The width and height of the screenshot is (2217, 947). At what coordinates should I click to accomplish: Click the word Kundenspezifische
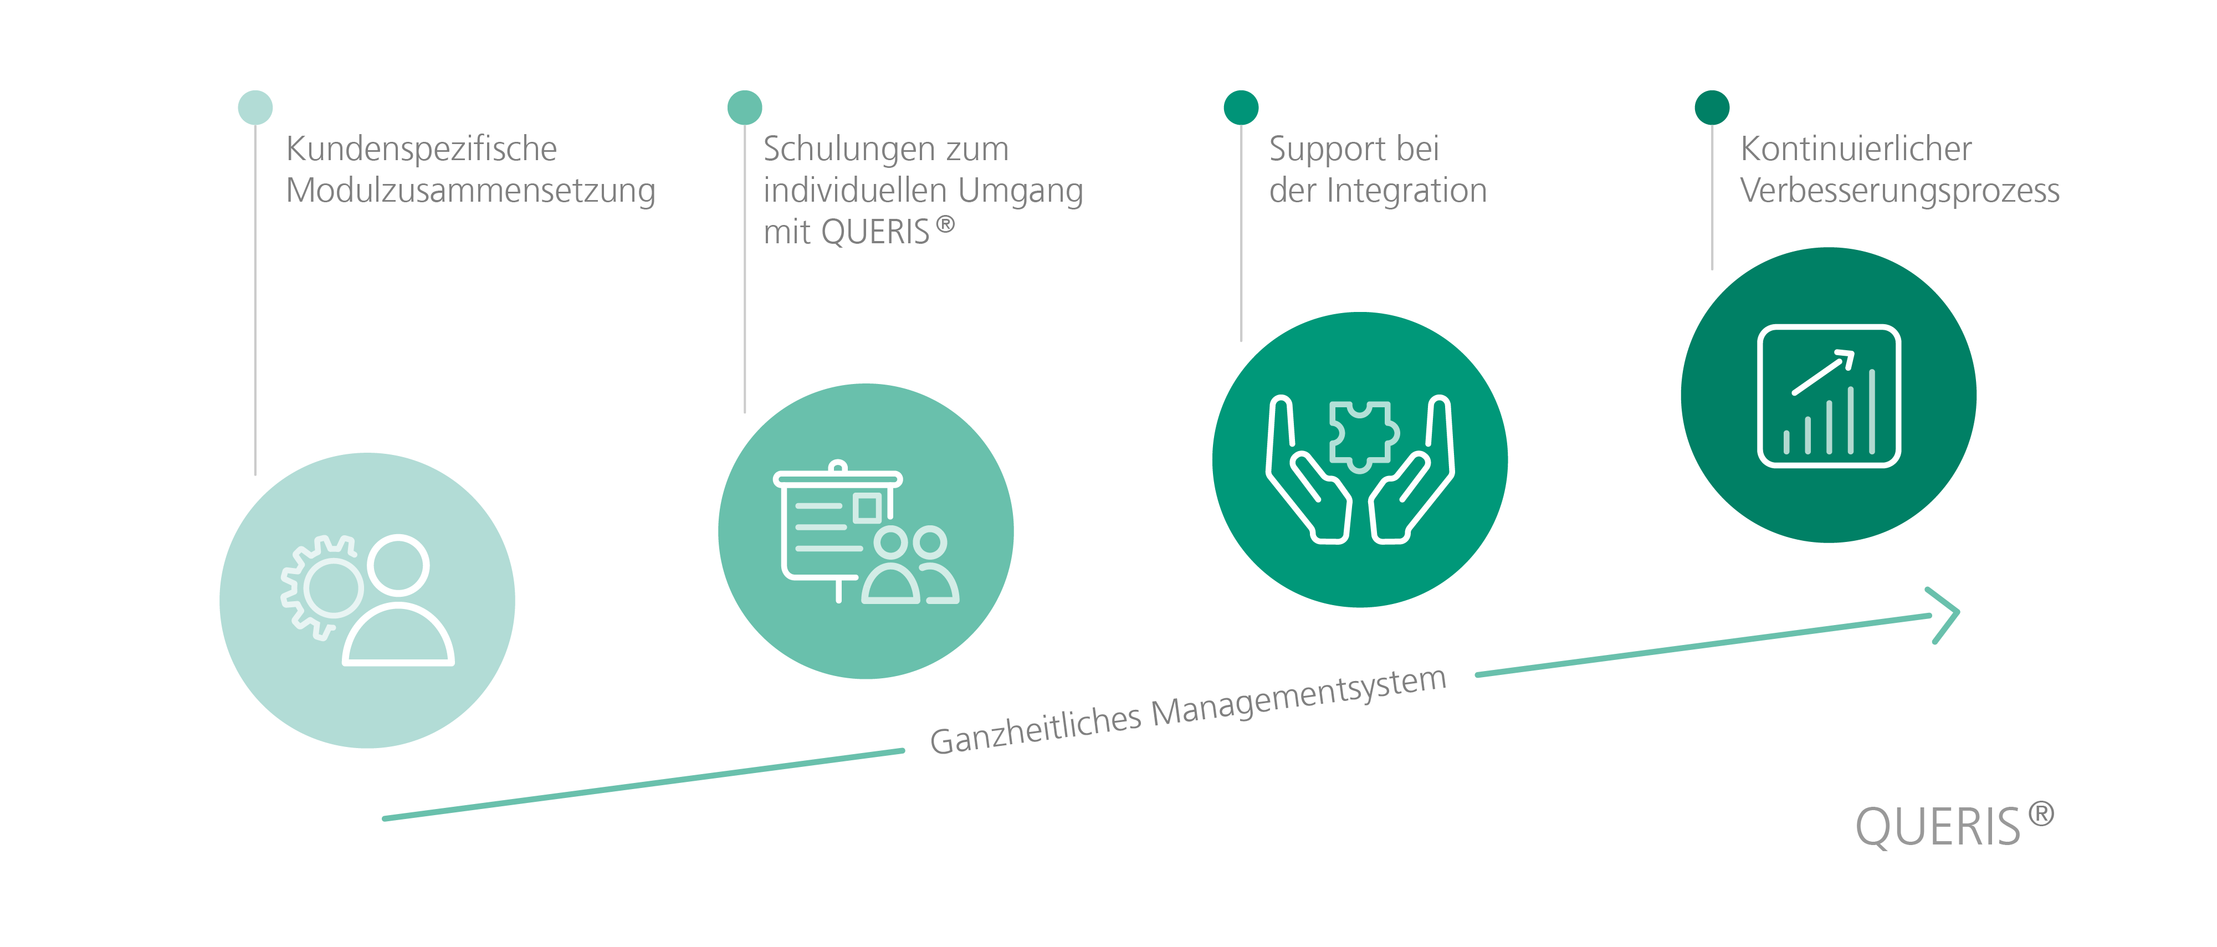click(422, 149)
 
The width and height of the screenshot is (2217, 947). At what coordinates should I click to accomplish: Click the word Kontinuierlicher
click(1856, 149)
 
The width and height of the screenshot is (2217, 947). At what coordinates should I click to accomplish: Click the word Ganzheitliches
click(1035, 730)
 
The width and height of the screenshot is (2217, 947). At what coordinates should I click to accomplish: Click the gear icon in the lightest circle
click(322, 587)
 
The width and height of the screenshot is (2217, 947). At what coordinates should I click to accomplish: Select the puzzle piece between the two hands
click(1363, 436)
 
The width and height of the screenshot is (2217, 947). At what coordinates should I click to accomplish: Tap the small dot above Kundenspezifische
click(255, 108)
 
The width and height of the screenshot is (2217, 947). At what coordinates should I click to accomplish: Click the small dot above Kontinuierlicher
click(1712, 108)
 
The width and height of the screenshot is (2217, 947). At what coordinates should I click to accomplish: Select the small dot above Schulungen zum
click(745, 108)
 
